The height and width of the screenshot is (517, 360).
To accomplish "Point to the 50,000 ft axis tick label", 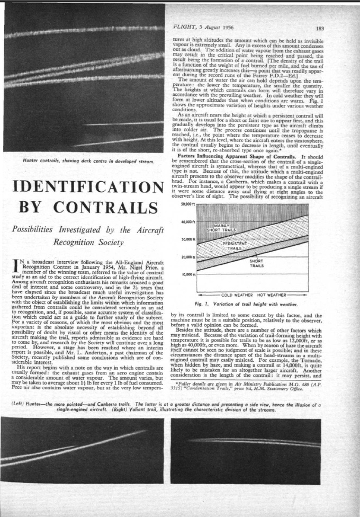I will (188, 203).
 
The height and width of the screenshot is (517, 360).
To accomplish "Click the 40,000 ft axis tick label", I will (188, 221).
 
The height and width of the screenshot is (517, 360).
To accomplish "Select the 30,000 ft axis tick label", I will (188, 239).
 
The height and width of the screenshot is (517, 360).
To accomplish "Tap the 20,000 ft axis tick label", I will (188, 257).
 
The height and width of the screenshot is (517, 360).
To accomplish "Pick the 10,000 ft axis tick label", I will (188, 274).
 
